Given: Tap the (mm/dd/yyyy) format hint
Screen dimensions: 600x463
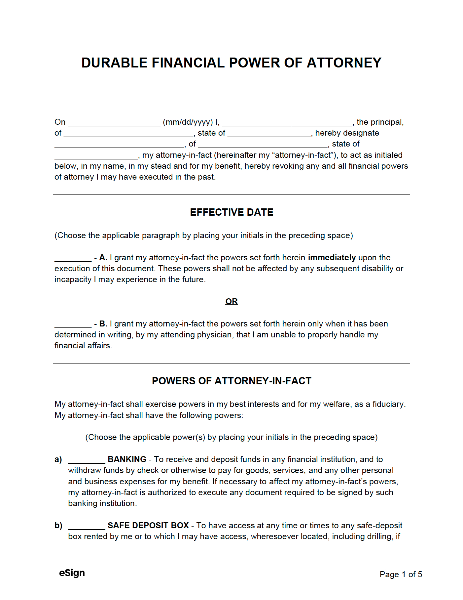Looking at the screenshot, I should click(x=188, y=122).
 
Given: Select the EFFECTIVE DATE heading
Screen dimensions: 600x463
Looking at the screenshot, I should click(x=231, y=212).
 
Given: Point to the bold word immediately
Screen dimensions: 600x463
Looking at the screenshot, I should click(x=332, y=258).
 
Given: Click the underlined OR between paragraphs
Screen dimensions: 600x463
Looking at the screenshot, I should click(x=231, y=301).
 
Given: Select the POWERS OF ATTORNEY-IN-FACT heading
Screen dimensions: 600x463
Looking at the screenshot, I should click(x=231, y=381).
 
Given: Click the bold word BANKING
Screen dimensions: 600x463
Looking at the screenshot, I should click(x=127, y=459).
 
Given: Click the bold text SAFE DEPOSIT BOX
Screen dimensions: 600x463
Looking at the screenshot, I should click(x=148, y=526).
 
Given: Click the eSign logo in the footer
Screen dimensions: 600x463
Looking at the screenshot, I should click(x=72, y=573).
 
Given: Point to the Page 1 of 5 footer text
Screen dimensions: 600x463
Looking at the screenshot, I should click(x=401, y=575).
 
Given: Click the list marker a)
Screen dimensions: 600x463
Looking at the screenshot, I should click(x=58, y=459).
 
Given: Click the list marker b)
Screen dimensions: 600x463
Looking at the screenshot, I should click(x=58, y=526).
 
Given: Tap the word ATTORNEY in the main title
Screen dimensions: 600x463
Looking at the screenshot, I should click(x=344, y=63).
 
